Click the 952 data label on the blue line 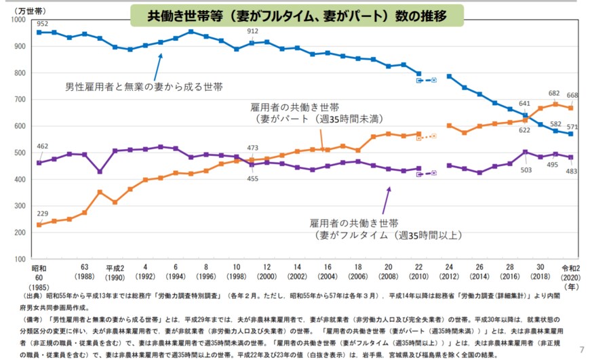(42, 22)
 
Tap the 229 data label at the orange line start (41, 214)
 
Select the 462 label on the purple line (41, 146)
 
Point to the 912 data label (252, 31)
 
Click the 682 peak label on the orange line (555, 94)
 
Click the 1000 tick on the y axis (16, 20)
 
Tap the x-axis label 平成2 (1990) (115, 273)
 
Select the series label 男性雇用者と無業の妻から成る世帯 (144, 87)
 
